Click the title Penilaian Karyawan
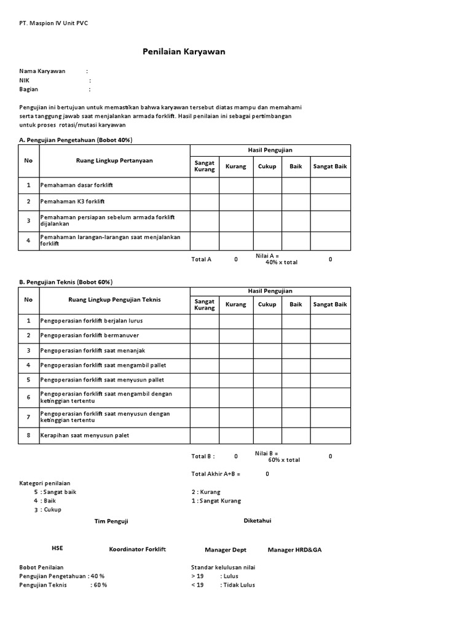click(184, 52)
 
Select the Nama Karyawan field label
click(42, 71)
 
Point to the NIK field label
click(25, 80)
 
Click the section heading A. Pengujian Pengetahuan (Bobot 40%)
click(76, 140)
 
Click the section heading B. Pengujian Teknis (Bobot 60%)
click(66, 282)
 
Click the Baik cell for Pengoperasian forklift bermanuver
click(296, 335)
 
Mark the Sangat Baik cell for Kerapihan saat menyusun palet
click(330, 436)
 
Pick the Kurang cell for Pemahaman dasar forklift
click(236, 185)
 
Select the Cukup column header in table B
click(267, 304)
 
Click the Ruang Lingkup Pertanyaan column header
click(114, 161)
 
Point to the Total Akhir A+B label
click(216, 474)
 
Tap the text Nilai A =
click(267, 256)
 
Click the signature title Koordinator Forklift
click(138, 549)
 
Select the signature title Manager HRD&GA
click(294, 550)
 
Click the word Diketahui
click(258, 520)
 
